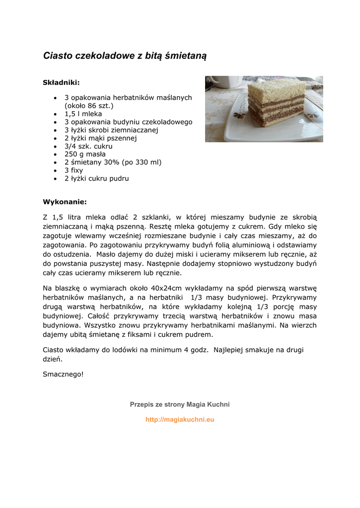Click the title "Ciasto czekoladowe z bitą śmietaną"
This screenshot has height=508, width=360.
(x=125, y=56)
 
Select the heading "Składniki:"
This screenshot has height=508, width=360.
(x=61, y=82)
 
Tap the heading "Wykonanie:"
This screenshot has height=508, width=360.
(x=65, y=202)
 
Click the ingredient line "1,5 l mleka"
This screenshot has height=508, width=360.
(x=83, y=114)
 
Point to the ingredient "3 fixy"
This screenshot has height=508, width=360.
(x=73, y=170)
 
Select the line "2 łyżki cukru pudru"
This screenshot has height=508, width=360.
(x=96, y=178)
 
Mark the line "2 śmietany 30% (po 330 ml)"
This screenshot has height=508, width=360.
(x=113, y=162)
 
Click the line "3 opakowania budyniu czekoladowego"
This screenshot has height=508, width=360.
(x=128, y=122)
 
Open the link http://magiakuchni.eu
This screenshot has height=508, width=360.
(x=180, y=419)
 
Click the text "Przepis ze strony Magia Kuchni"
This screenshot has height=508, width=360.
(x=180, y=404)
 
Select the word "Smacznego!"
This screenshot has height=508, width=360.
(x=64, y=374)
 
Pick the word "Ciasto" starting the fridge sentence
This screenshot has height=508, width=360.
(x=54, y=350)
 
